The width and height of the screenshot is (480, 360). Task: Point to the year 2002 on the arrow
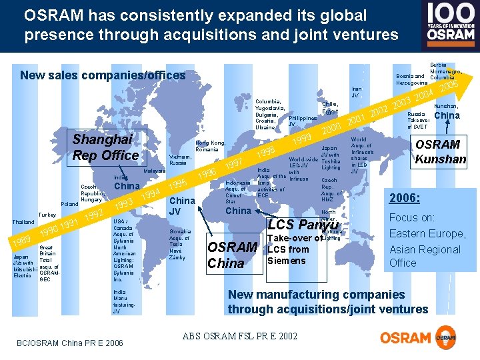[379, 111]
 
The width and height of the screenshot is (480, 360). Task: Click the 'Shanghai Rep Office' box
[106, 147]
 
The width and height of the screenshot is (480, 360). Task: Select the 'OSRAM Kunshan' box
[440, 151]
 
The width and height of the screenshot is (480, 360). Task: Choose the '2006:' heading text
[405, 198]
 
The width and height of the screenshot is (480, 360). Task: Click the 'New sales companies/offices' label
[103, 75]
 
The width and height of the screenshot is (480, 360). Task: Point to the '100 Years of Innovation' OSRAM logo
[450, 22]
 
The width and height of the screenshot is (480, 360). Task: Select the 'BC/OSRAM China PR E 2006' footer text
[69, 343]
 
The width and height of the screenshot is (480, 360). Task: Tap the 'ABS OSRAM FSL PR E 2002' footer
[239, 336]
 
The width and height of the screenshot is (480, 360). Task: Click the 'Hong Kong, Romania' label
[210, 146]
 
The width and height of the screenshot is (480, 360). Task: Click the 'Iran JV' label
[356, 91]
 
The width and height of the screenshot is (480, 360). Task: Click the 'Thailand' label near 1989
[25, 222]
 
